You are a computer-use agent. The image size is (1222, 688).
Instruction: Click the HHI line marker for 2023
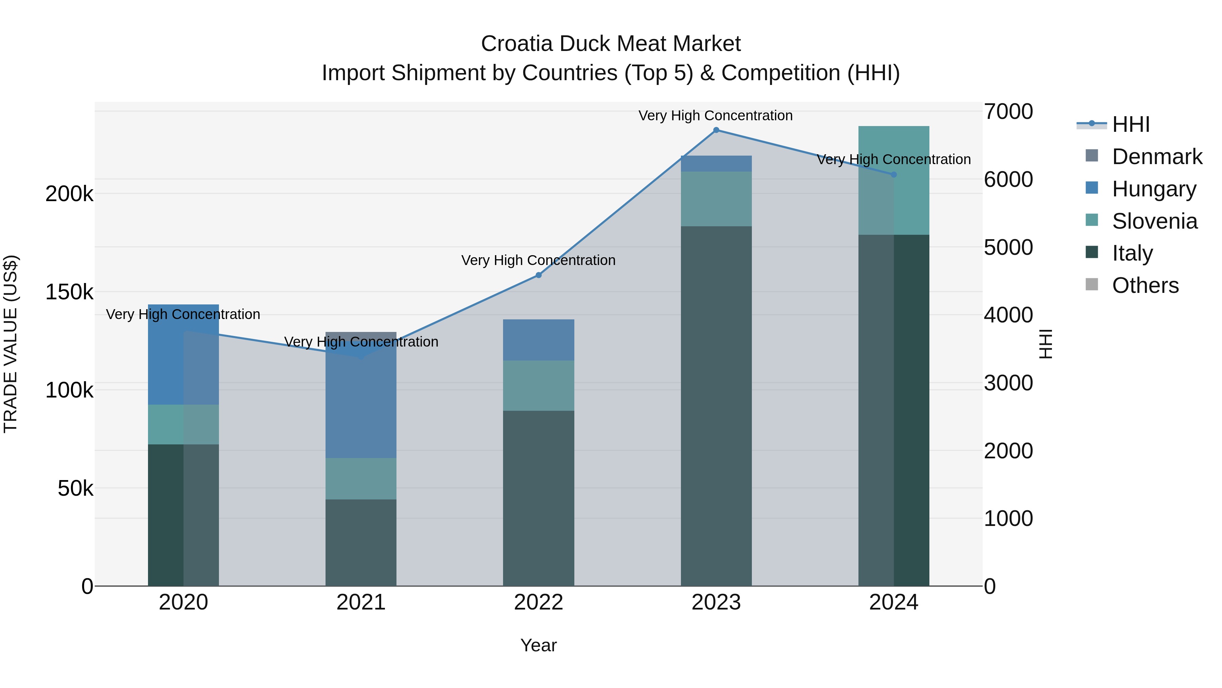(716, 130)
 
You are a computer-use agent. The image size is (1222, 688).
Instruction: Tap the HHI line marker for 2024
(894, 175)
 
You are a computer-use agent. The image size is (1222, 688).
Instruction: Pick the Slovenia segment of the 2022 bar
(538, 386)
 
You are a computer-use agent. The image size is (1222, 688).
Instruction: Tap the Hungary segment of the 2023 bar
(716, 164)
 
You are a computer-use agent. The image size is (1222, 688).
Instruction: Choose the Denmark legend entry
(1156, 157)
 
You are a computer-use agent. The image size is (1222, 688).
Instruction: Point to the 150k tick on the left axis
(69, 292)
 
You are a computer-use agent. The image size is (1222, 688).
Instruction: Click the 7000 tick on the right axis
(1008, 111)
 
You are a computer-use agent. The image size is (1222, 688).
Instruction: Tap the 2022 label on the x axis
(538, 602)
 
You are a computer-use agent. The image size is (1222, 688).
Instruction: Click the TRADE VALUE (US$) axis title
(11, 344)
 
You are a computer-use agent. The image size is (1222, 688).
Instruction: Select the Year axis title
(538, 645)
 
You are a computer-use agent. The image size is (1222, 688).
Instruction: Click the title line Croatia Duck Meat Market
(611, 44)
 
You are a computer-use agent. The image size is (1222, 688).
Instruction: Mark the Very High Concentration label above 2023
(715, 116)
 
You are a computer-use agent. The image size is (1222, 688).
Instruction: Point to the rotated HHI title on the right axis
(1045, 344)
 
